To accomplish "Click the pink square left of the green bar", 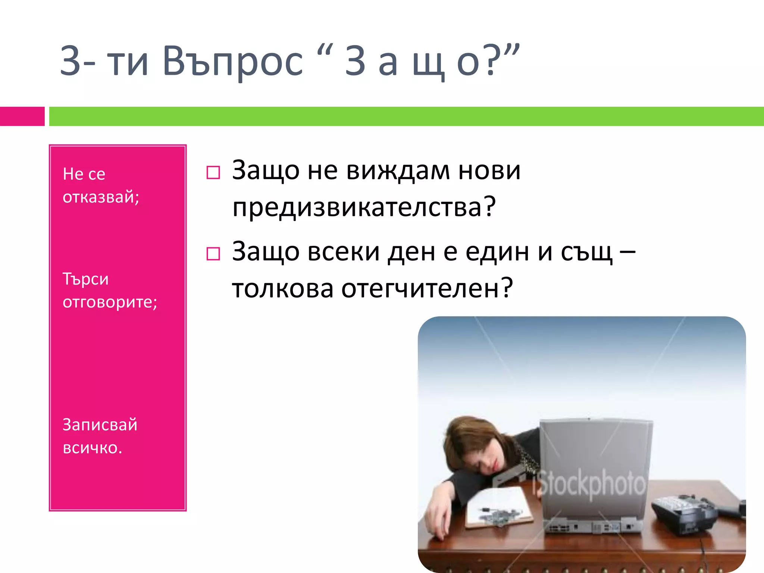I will pos(22,116).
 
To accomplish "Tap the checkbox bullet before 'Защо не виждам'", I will pos(213,173).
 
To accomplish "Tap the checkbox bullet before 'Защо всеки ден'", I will pos(213,254).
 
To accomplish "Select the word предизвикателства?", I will pos(364,207).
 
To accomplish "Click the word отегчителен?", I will pos(427,288).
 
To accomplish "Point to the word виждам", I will pos(398,170).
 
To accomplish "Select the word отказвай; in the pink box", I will pos(101,197).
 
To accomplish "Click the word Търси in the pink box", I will pos(85,279).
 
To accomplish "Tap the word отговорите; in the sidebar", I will pos(110,302).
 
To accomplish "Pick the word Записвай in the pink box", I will pos(100,425).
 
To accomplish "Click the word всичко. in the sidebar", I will pos(92,448).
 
